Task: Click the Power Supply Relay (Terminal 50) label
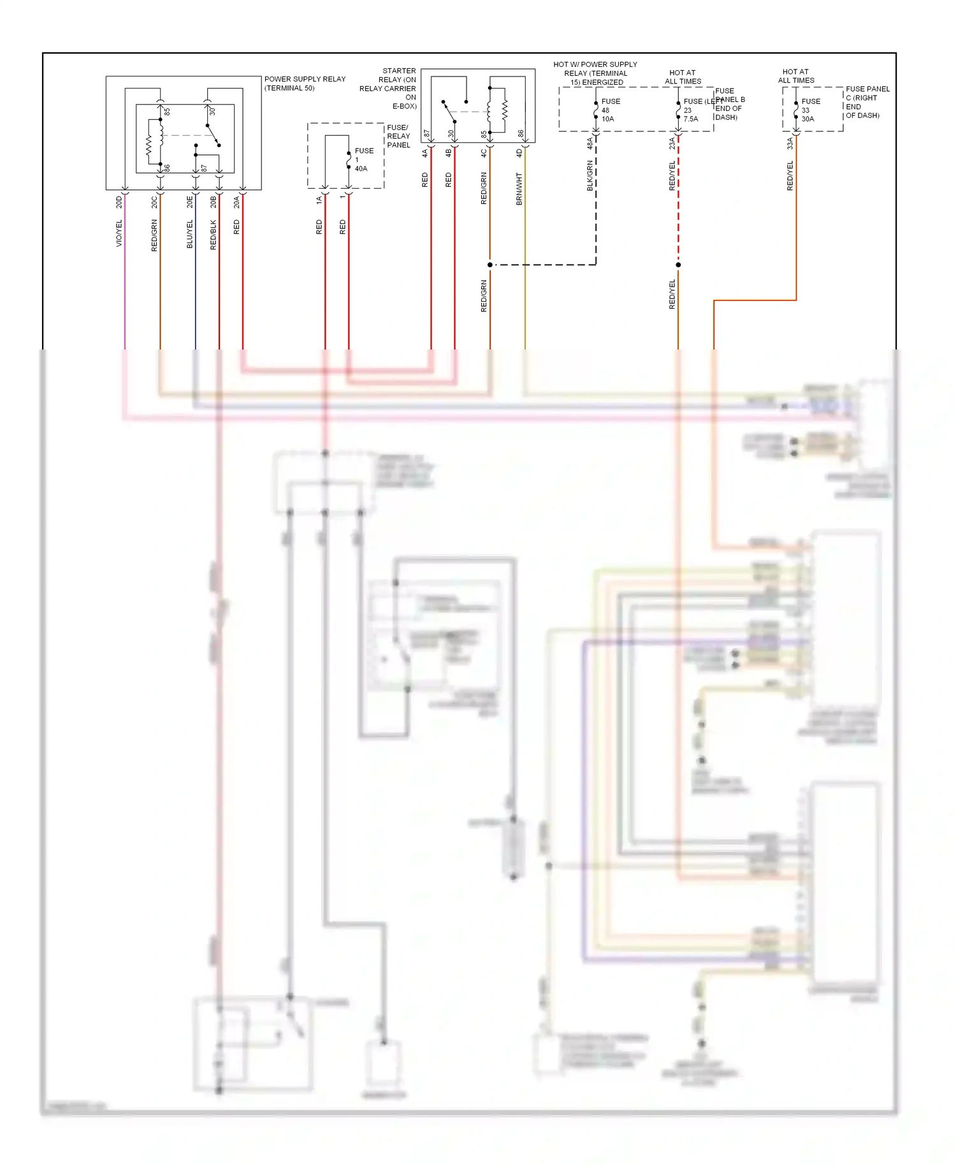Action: click(305, 84)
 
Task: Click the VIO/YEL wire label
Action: click(119, 233)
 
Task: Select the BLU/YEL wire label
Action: click(189, 234)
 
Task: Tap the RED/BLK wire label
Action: click(214, 235)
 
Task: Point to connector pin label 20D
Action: click(119, 202)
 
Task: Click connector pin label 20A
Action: click(236, 202)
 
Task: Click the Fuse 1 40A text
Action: click(361, 159)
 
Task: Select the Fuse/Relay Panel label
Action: click(398, 136)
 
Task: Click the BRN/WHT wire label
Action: click(519, 188)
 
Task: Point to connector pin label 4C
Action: click(484, 153)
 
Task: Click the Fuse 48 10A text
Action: click(610, 110)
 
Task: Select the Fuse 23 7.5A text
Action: click(692, 110)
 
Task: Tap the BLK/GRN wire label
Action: click(590, 175)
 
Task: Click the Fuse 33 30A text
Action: click(810, 110)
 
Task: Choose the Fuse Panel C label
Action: click(866, 102)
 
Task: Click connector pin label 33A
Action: click(790, 144)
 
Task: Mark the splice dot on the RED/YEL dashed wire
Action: click(678, 265)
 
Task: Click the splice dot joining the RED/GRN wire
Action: click(490, 265)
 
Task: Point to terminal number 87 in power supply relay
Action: click(204, 168)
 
